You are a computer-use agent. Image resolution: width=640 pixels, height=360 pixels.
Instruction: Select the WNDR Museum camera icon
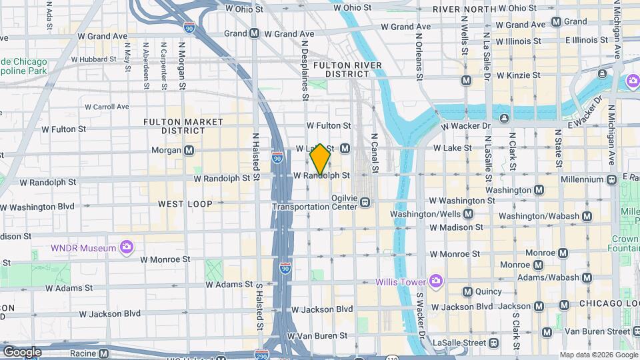point(127,249)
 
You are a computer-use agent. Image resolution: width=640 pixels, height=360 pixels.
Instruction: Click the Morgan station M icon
point(189,151)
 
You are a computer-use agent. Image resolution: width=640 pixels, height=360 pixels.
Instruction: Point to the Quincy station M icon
point(467,291)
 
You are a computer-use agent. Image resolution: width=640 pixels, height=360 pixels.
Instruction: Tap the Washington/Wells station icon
point(468,214)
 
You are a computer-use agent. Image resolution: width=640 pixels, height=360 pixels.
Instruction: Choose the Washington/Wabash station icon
point(587,216)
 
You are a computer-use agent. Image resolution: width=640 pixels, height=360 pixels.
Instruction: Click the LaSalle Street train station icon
point(493,343)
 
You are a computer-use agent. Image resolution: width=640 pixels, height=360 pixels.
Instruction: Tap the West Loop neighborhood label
point(185,204)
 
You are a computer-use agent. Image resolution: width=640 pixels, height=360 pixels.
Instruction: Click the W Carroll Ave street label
point(107,107)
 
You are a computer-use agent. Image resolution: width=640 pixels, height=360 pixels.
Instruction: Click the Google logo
point(22,351)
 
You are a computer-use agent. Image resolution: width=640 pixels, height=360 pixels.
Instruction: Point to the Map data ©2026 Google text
point(598,355)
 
